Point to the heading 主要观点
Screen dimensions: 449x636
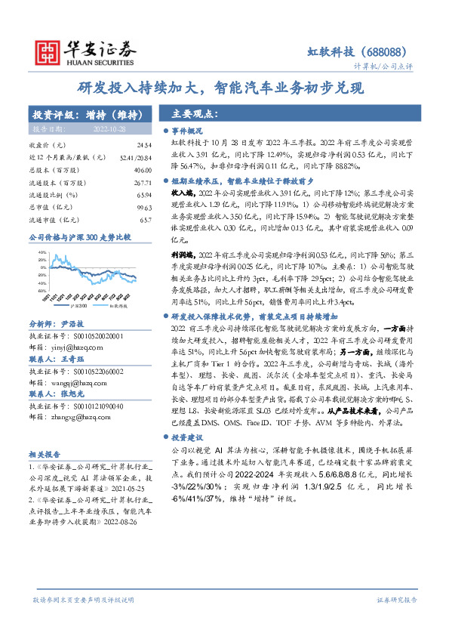(x=195, y=114)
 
